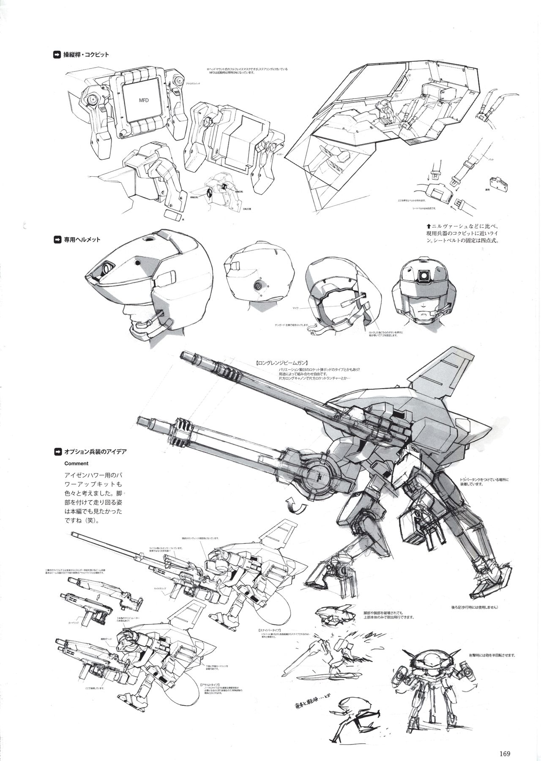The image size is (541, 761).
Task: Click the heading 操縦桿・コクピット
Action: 86,55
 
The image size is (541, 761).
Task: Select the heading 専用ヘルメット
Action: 82,239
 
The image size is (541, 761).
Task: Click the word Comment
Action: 76,463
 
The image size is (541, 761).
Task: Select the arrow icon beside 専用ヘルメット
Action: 57,239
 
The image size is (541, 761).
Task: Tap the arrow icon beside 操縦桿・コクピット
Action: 57,55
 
